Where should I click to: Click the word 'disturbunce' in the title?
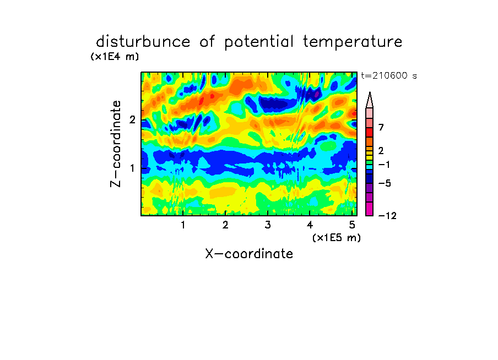pyautogui.click(x=143, y=42)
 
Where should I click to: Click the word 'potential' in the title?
pyautogui.click(x=258, y=42)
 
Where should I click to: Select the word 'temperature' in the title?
pyautogui.click(x=353, y=42)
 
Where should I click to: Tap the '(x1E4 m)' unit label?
pyautogui.click(x=115, y=57)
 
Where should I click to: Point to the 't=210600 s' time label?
pyautogui.click(x=389, y=75)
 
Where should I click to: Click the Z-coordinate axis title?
pyautogui.click(x=116, y=144)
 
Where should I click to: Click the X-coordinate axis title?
pyautogui.click(x=249, y=254)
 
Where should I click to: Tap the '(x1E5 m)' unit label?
pyautogui.click(x=337, y=237)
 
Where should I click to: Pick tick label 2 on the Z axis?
pyautogui.click(x=132, y=119)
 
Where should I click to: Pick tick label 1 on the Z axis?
pyautogui.click(x=132, y=168)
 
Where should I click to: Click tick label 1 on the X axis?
pyautogui.click(x=183, y=225)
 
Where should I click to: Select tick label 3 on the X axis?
pyautogui.click(x=268, y=225)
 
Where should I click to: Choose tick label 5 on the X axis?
pyautogui.click(x=352, y=225)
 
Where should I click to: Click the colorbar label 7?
pyautogui.click(x=381, y=127)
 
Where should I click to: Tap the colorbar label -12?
pyautogui.click(x=387, y=216)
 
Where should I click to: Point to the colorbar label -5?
pyautogui.click(x=385, y=183)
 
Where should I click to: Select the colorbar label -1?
pyautogui.click(x=384, y=165)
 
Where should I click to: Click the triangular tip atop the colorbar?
pyautogui.click(x=370, y=92)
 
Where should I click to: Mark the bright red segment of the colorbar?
pyautogui.click(x=370, y=132)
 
